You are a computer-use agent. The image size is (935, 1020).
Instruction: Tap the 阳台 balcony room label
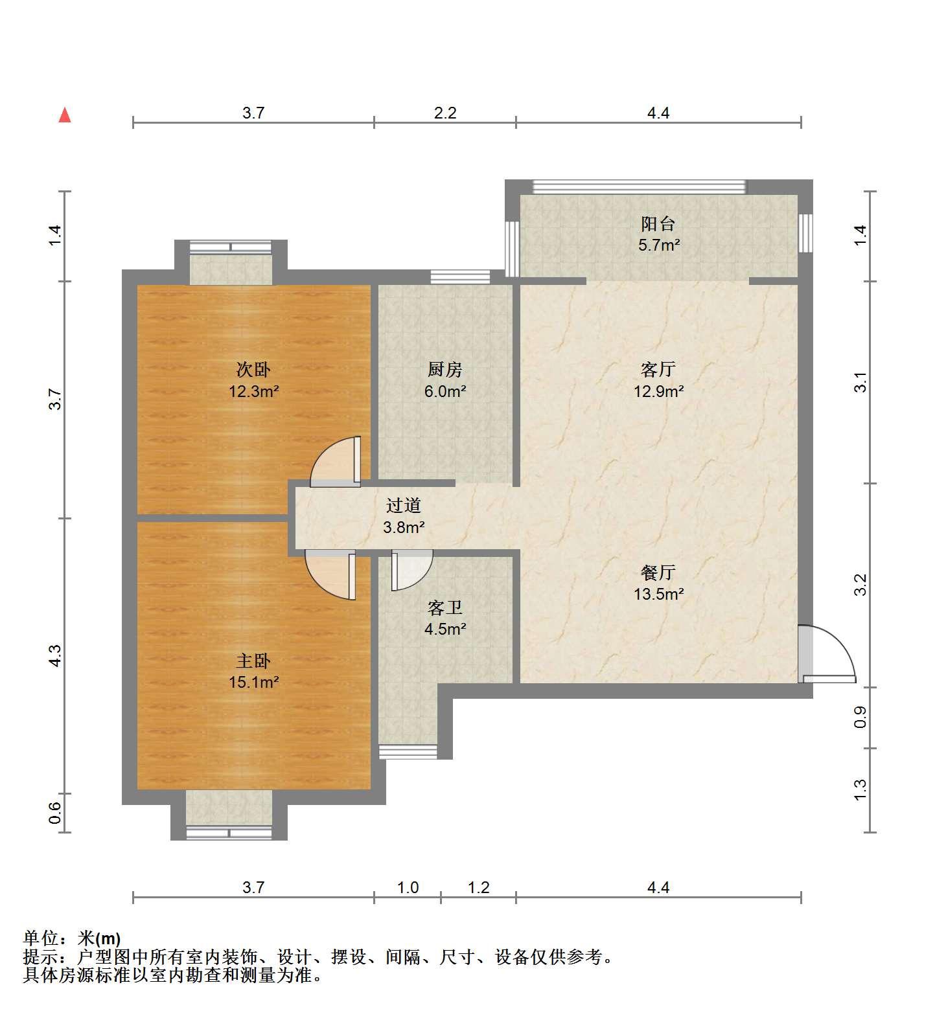click(658, 224)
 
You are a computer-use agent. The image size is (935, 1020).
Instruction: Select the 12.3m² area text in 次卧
click(253, 391)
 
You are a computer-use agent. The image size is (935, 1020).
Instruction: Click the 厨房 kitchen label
click(445, 370)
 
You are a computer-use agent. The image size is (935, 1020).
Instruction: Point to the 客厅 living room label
click(658, 370)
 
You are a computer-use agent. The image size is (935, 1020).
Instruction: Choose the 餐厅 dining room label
click(658, 572)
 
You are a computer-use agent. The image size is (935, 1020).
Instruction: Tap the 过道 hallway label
click(404, 505)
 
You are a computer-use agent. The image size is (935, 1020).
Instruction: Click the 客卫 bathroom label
click(445, 607)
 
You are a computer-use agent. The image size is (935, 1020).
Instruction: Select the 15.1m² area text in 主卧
click(253, 682)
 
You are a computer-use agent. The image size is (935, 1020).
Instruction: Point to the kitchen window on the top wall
click(460, 277)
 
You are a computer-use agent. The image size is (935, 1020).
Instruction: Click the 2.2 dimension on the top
click(445, 113)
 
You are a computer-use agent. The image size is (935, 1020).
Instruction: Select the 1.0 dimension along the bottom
click(408, 887)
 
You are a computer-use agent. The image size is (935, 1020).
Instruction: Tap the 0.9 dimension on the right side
click(860, 716)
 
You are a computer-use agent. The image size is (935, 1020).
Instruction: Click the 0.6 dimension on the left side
click(56, 813)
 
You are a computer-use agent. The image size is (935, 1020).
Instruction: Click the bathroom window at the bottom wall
click(408, 751)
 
